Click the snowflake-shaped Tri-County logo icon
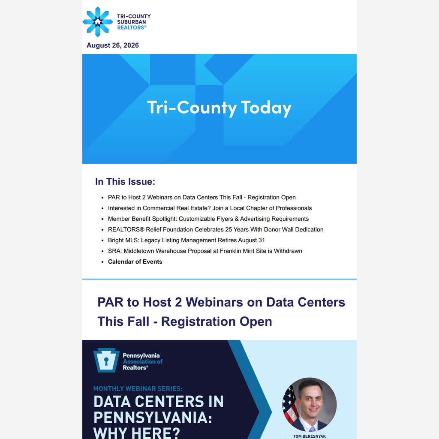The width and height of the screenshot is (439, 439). point(97,21)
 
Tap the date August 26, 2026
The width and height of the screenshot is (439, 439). point(113,45)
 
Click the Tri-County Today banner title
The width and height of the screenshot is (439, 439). point(219,108)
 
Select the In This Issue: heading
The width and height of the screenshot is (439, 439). point(125,181)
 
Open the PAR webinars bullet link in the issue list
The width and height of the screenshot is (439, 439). point(201,197)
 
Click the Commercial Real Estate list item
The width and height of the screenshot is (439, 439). point(210,208)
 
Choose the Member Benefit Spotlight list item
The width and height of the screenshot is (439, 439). point(208,219)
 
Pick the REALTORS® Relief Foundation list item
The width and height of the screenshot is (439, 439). point(216,230)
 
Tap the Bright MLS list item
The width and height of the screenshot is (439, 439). point(186,240)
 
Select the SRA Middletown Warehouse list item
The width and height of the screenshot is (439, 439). point(205,251)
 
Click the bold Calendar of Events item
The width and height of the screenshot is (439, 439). point(135,262)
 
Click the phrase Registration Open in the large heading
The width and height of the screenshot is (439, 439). point(216,322)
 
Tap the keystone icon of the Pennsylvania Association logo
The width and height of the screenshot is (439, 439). point(106,360)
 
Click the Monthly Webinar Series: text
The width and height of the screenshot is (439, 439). point(138,388)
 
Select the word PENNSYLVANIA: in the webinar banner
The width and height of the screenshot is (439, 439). point(153,418)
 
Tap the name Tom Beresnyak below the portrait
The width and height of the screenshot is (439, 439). point(310,436)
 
